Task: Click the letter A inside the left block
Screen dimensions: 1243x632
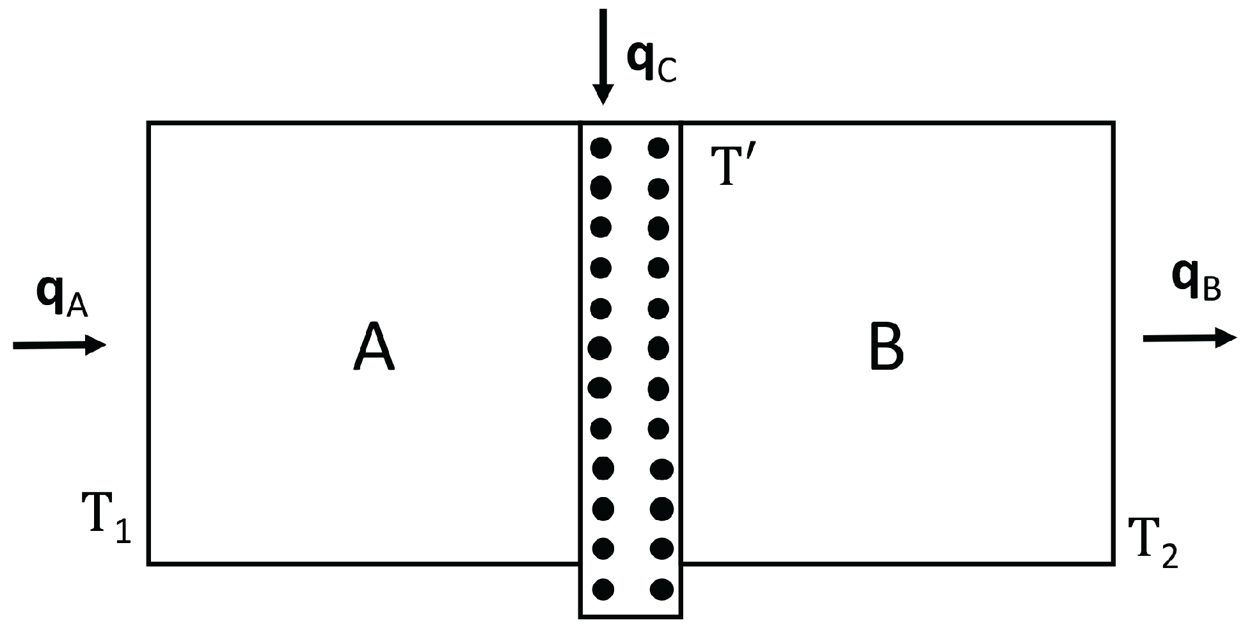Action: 374,347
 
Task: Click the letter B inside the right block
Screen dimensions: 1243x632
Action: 886,347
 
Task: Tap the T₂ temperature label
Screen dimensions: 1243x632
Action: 1152,541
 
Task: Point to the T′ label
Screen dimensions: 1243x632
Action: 733,166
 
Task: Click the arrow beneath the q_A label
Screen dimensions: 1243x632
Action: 59,345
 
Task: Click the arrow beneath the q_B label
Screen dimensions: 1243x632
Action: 1190,337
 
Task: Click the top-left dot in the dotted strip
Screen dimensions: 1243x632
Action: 601,148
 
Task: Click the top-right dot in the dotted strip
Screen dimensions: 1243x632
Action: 658,148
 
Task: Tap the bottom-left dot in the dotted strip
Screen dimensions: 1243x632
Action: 603,589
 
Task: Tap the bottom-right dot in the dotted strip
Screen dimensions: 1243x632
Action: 661,589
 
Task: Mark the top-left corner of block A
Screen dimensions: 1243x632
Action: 149,123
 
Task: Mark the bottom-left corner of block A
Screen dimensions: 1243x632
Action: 149,564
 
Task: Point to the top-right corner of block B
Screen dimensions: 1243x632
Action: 1114,123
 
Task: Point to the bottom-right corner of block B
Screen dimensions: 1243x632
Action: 1114,564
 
